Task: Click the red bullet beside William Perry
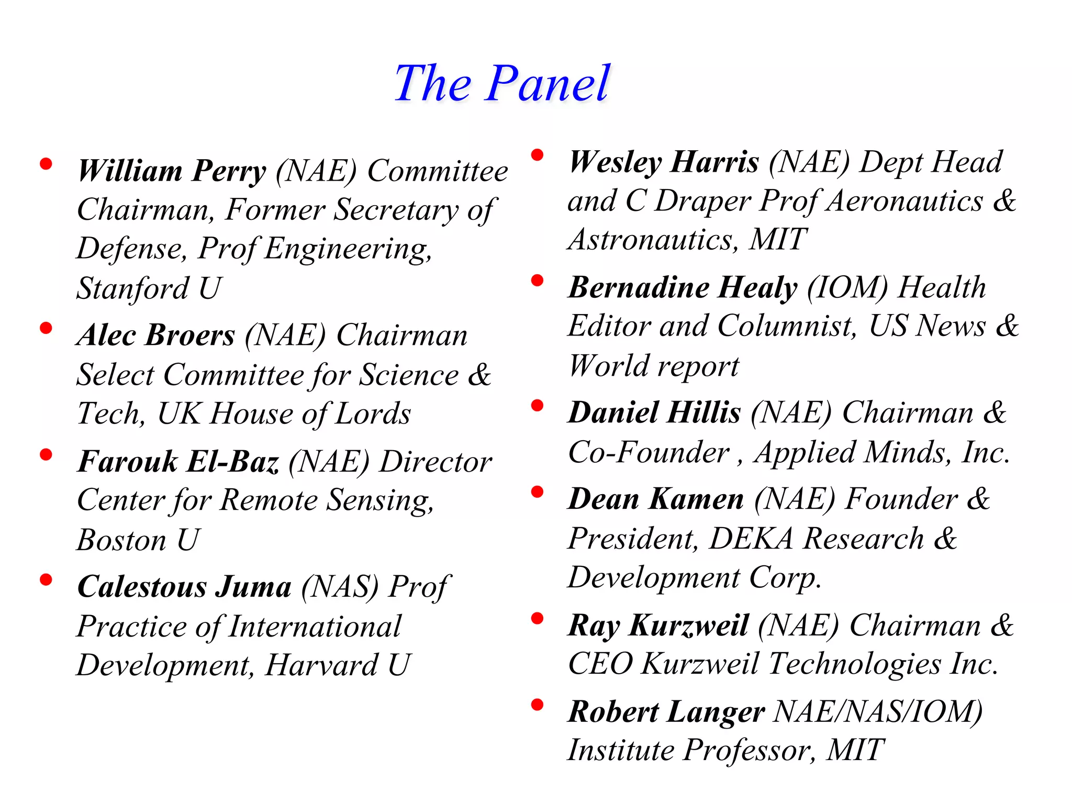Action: pyautogui.click(x=46, y=164)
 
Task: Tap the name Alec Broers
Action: pyautogui.click(x=156, y=335)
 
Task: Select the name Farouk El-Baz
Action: pyautogui.click(x=178, y=462)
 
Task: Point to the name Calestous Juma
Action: pyautogui.click(x=184, y=586)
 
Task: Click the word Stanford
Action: pyautogui.click(x=132, y=288)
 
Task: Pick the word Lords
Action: pyautogui.click(x=373, y=414)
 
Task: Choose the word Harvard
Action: pyautogui.click(x=321, y=665)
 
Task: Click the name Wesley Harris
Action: pyautogui.click(x=664, y=162)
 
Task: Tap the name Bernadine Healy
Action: pyautogui.click(x=683, y=287)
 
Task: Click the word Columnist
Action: pyautogui.click(x=787, y=326)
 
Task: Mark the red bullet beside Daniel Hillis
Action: pyautogui.click(x=537, y=406)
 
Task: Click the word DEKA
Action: pyautogui.click(x=751, y=539)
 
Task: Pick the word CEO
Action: pyautogui.click(x=600, y=664)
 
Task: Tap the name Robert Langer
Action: pyautogui.click(x=666, y=712)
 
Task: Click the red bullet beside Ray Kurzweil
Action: pyautogui.click(x=537, y=619)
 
